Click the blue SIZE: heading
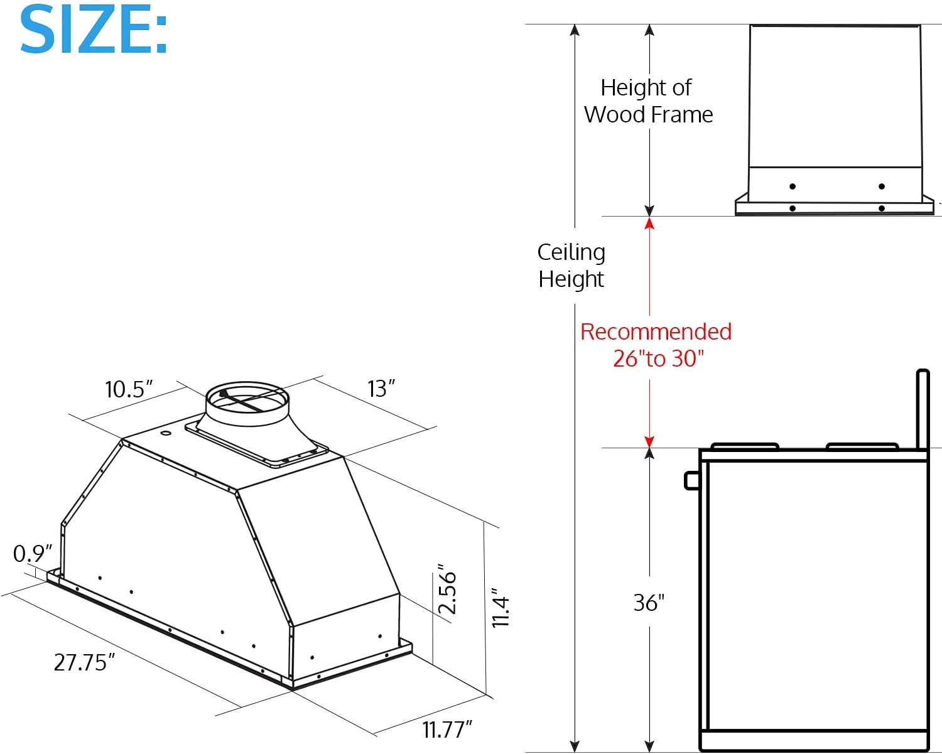(x=94, y=30)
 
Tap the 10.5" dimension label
(x=129, y=389)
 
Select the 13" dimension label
(x=381, y=389)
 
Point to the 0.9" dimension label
(x=33, y=554)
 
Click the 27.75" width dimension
(x=85, y=662)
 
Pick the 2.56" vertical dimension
(x=447, y=590)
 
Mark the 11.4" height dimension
(x=501, y=608)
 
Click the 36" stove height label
(x=649, y=603)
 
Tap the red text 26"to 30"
(x=658, y=358)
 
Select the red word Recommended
(x=656, y=331)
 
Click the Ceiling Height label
(x=571, y=265)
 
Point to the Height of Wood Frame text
(x=648, y=101)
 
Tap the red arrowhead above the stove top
(x=649, y=441)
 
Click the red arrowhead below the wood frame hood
(x=649, y=223)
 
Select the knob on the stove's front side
(x=691, y=481)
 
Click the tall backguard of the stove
(x=923, y=408)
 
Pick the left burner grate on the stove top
(x=745, y=446)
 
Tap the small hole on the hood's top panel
(x=165, y=433)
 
